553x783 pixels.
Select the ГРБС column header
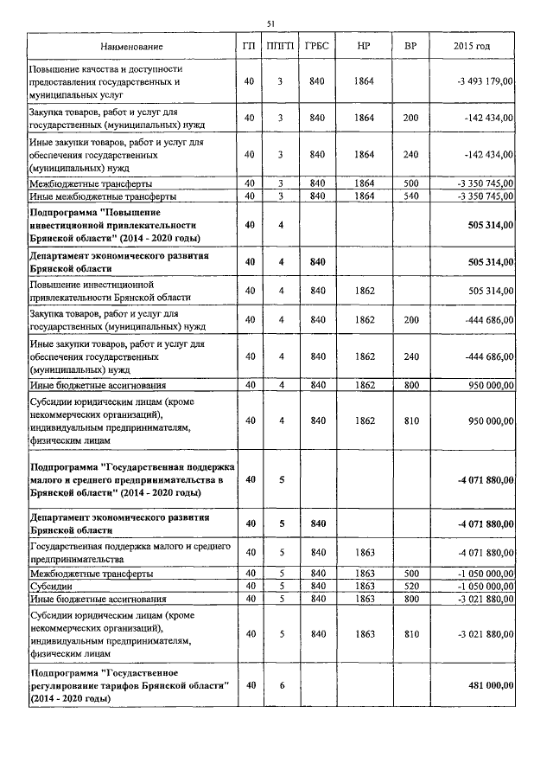316,45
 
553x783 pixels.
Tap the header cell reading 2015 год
472,45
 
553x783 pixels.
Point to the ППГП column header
280,45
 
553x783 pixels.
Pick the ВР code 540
410,196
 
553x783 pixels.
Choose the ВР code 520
410,586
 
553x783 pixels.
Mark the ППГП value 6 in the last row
280,685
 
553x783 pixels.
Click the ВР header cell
410,45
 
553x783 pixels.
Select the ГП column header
249,45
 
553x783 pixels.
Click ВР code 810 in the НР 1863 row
410,634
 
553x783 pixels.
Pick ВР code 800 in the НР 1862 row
410,384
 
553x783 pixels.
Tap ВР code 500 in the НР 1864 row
410,183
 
